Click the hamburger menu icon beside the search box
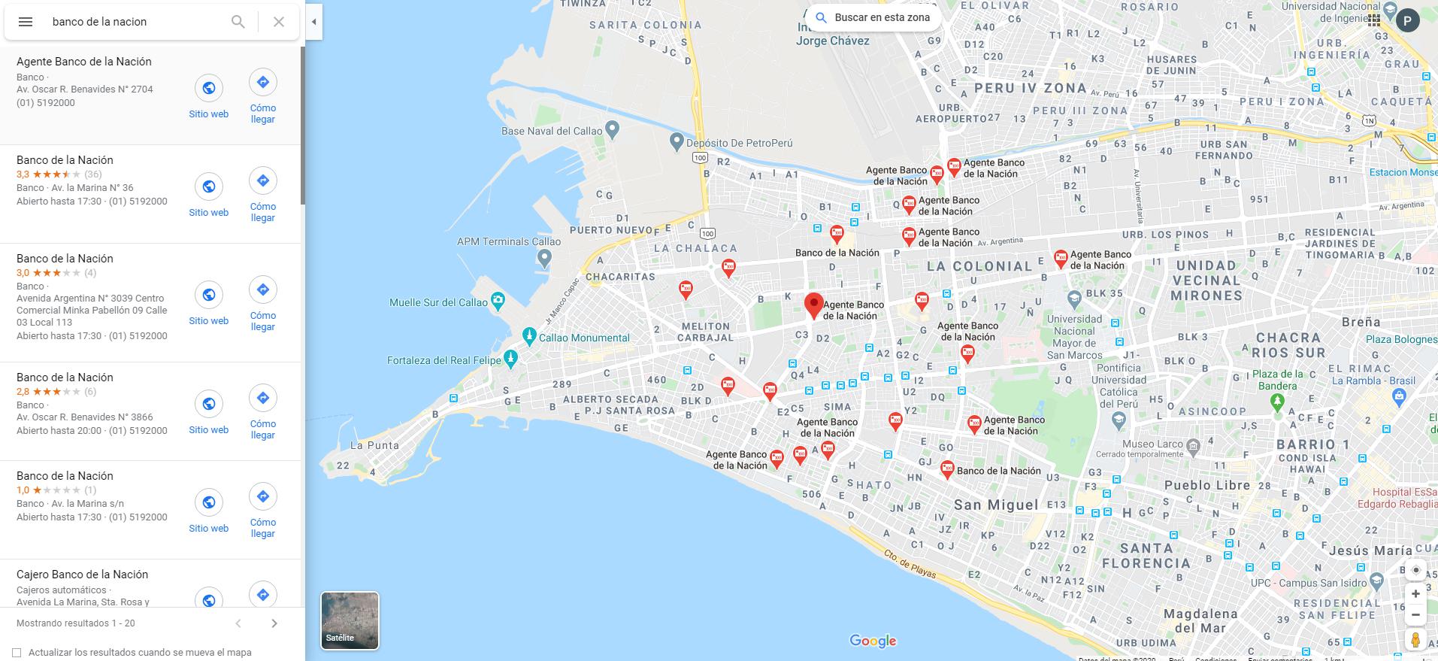coord(26,22)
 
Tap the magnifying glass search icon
coord(238,22)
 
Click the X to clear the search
coord(279,22)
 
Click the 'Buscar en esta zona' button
coord(873,17)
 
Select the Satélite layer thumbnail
coord(350,620)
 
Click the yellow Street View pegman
coord(1415,640)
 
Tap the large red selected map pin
coord(813,305)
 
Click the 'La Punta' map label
coord(374,445)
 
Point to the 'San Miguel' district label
coord(996,505)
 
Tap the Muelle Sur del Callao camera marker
coord(498,302)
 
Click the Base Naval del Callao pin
coord(612,130)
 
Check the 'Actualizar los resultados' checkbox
coord(17,653)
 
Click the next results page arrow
coord(274,623)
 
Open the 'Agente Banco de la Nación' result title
coord(84,62)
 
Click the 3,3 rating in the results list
coord(23,174)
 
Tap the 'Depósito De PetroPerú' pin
coord(677,141)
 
